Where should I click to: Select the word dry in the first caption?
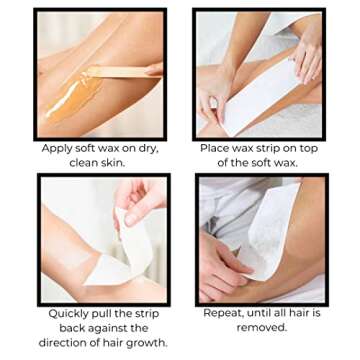click(144, 149)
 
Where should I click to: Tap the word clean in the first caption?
click(86, 162)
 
